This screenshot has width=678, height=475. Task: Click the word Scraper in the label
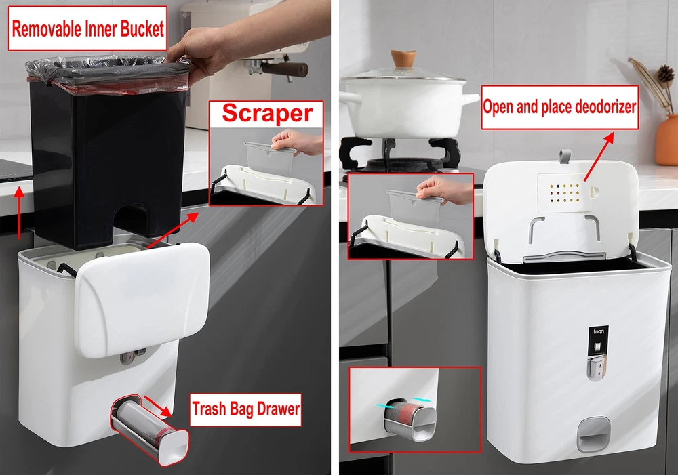click(266, 113)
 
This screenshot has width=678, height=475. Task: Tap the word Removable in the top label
click(46, 28)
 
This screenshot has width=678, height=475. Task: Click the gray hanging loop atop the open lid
click(565, 156)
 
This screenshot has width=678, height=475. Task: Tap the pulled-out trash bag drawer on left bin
click(150, 430)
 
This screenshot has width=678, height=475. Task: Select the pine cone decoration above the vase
click(665, 76)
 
